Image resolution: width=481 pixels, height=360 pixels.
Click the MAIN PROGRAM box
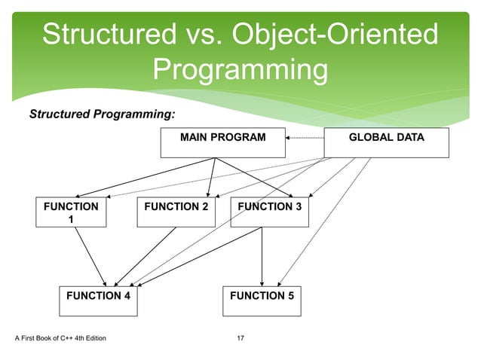[x=222, y=143]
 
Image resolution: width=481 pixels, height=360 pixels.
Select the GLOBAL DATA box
[x=386, y=143]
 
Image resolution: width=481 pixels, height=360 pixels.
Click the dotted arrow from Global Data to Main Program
[x=305, y=139]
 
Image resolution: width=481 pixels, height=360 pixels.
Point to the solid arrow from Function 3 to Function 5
[x=262, y=256]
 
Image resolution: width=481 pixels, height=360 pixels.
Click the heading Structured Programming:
[x=102, y=114]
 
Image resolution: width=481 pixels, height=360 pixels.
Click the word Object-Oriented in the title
[x=335, y=35]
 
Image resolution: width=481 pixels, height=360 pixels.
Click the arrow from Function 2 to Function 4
[x=147, y=254]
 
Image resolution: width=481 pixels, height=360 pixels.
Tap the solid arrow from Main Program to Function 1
[x=136, y=178]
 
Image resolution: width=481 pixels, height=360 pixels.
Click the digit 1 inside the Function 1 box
[x=71, y=219]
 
